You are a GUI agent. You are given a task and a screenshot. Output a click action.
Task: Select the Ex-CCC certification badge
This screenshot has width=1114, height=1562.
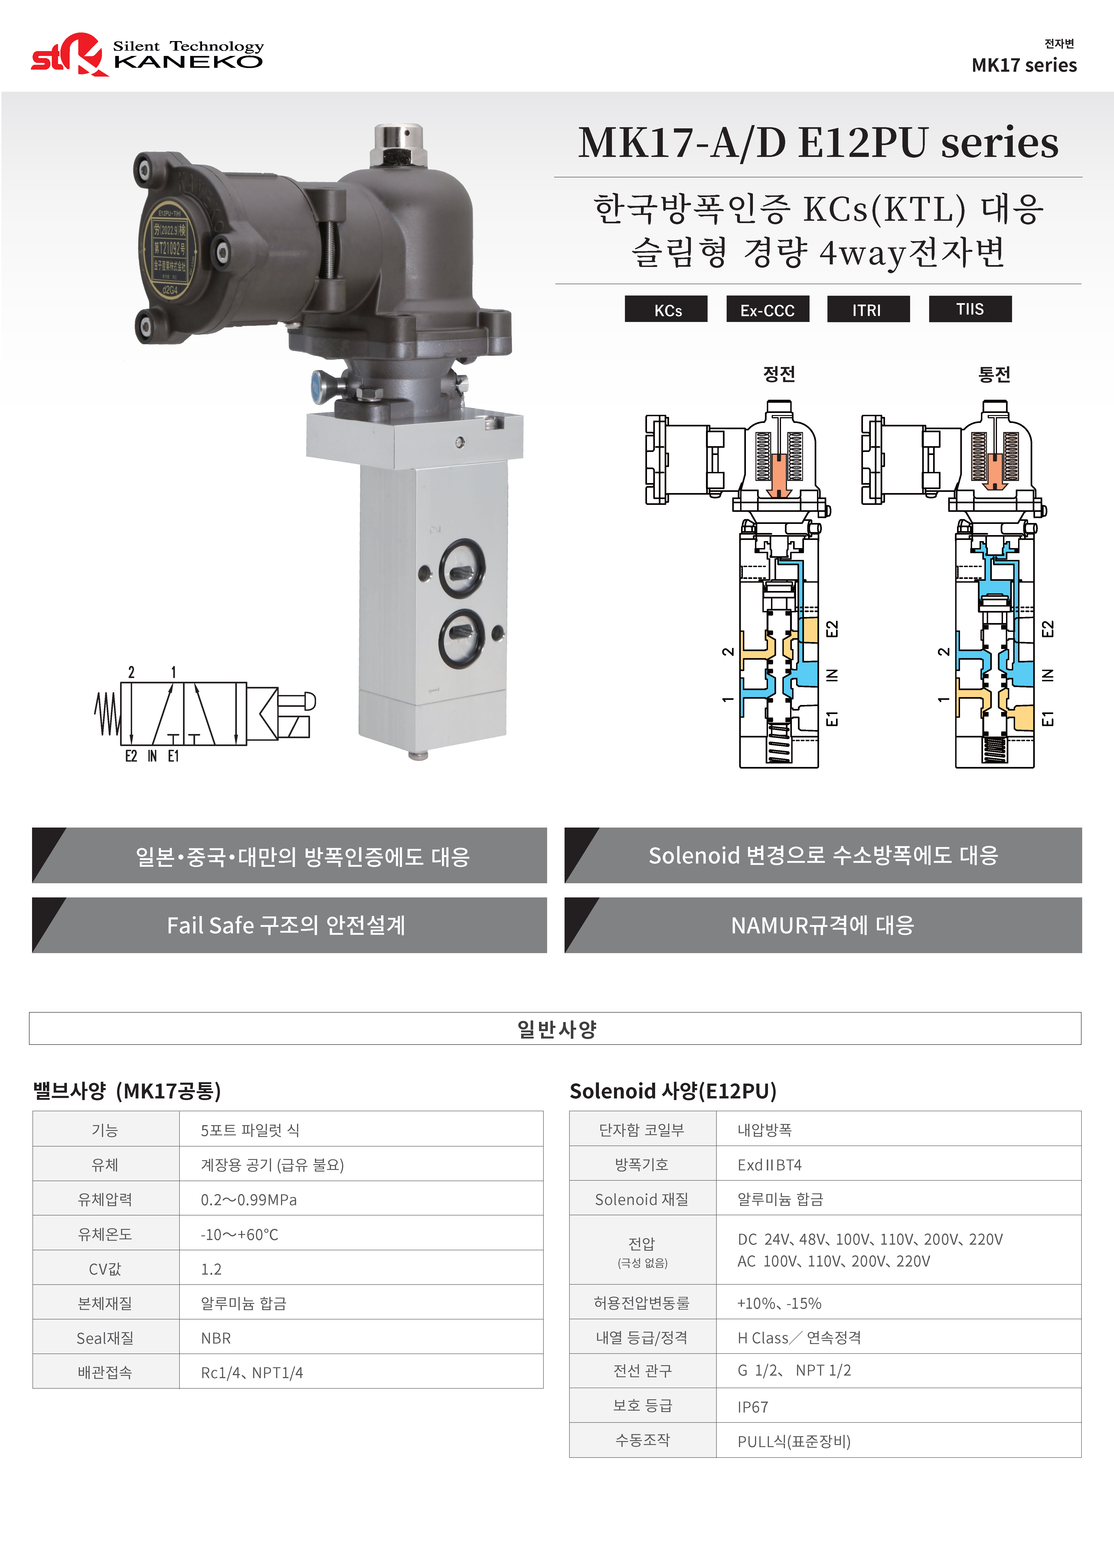tap(768, 309)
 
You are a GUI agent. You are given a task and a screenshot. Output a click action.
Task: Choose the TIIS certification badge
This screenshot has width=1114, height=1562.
tap(970, 309)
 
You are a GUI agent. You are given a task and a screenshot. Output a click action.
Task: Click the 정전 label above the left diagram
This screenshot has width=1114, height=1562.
tap(779, 374)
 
